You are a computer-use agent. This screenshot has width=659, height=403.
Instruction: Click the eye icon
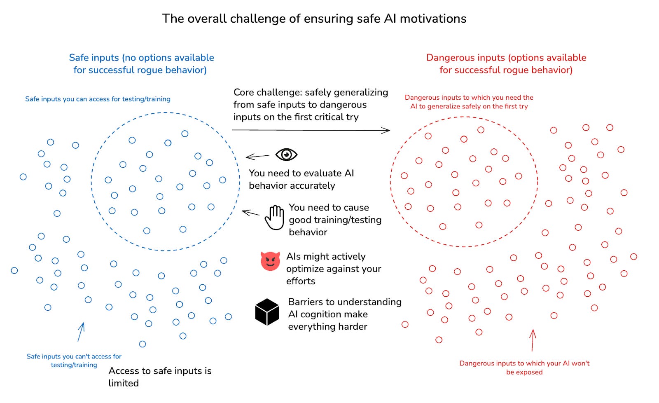286,155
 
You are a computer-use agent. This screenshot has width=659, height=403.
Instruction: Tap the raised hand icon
274,217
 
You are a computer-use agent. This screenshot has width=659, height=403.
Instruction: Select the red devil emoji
270,261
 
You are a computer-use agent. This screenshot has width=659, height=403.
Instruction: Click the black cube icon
267,312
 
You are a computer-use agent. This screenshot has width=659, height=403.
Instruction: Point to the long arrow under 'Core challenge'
311,130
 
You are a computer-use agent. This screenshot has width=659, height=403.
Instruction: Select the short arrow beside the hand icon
250,213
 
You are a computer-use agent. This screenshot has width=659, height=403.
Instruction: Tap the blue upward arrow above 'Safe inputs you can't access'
81,332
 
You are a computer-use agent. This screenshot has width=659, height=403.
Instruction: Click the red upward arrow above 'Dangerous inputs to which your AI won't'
533,340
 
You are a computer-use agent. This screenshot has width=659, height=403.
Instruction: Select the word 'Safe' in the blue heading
78,58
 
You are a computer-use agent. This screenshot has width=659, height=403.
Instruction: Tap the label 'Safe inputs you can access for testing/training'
98,99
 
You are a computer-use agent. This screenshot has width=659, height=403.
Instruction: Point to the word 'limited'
124,383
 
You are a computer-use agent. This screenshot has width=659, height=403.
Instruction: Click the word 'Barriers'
307,302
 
